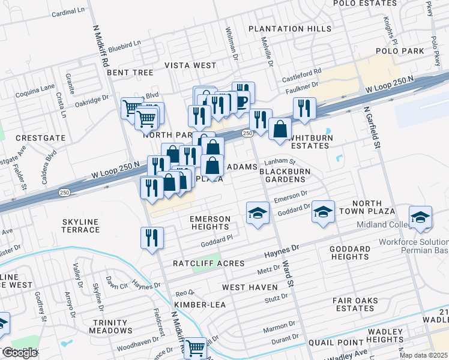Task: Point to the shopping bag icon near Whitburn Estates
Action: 280,129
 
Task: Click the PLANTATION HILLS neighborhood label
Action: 290,29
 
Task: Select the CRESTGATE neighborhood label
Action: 41,138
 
